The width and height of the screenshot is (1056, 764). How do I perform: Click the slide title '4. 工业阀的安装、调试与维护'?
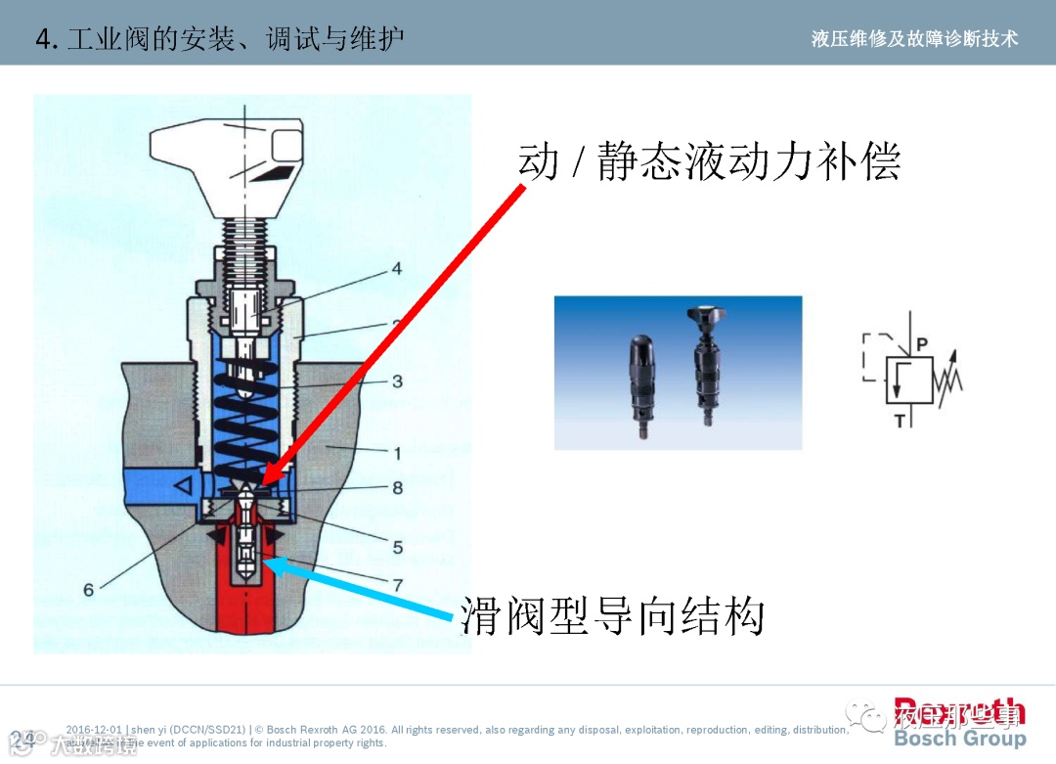[219, 38]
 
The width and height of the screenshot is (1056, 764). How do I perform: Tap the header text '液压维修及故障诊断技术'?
[914, 38]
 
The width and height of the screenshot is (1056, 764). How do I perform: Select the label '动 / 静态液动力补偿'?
[709, 161]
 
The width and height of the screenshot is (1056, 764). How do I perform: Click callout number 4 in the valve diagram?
[397, 268]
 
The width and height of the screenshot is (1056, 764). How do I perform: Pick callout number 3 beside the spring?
[397, 381]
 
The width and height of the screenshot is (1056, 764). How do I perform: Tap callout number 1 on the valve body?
[397, 453]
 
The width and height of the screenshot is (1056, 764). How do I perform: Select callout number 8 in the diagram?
[397, 487]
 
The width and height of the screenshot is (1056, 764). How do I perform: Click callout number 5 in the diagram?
[397, 547]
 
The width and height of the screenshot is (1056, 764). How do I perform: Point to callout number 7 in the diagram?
[397, 584]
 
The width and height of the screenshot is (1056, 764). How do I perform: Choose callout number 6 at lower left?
[89, 590]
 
